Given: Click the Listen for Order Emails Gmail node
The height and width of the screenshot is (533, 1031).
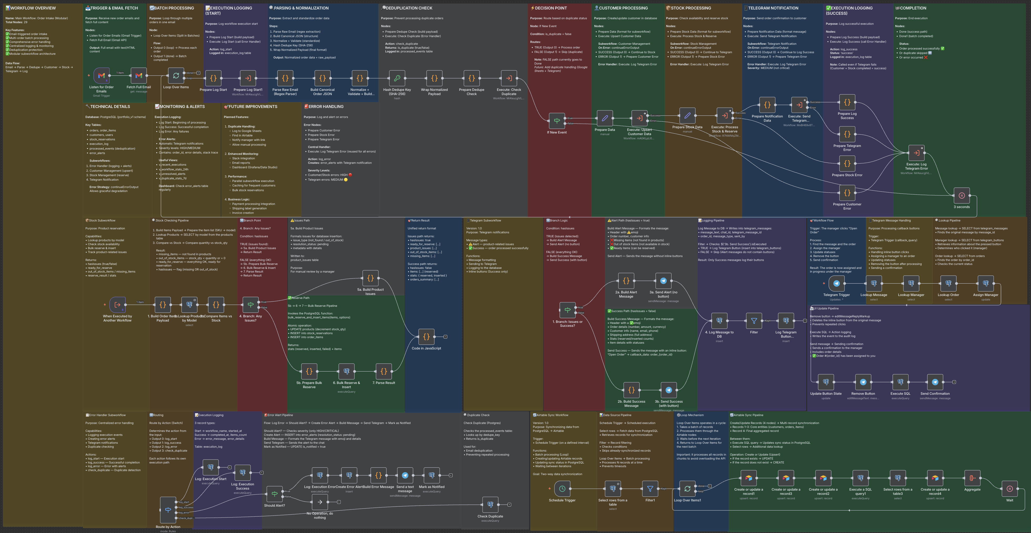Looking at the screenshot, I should point(101,76).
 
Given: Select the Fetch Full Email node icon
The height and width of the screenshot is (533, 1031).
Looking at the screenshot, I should point(138,76).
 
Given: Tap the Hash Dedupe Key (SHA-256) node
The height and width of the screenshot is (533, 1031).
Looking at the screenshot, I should point(397,78).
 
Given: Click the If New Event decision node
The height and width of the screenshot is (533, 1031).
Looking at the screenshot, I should point(557,121).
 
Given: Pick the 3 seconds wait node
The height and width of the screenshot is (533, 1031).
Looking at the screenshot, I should point(962,196).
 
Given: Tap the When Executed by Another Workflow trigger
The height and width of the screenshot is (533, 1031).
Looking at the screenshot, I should point(117,305).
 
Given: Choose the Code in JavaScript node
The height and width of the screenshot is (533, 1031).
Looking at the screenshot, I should point(426,337).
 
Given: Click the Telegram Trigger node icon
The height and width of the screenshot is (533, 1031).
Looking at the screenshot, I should point(836,284).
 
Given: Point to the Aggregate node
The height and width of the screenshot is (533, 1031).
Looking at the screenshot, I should point(972,478).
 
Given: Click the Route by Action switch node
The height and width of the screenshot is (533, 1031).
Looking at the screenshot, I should point(168,510).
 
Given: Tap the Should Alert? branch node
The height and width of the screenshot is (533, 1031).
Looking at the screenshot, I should point(274,494).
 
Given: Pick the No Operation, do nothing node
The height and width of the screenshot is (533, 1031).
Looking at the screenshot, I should point(320,502).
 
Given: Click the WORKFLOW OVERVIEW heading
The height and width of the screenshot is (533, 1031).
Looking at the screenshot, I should point(33,8).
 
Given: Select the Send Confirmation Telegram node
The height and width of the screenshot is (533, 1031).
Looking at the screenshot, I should point(935,382).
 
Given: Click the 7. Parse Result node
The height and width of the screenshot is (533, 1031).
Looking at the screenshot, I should point(383,372).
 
